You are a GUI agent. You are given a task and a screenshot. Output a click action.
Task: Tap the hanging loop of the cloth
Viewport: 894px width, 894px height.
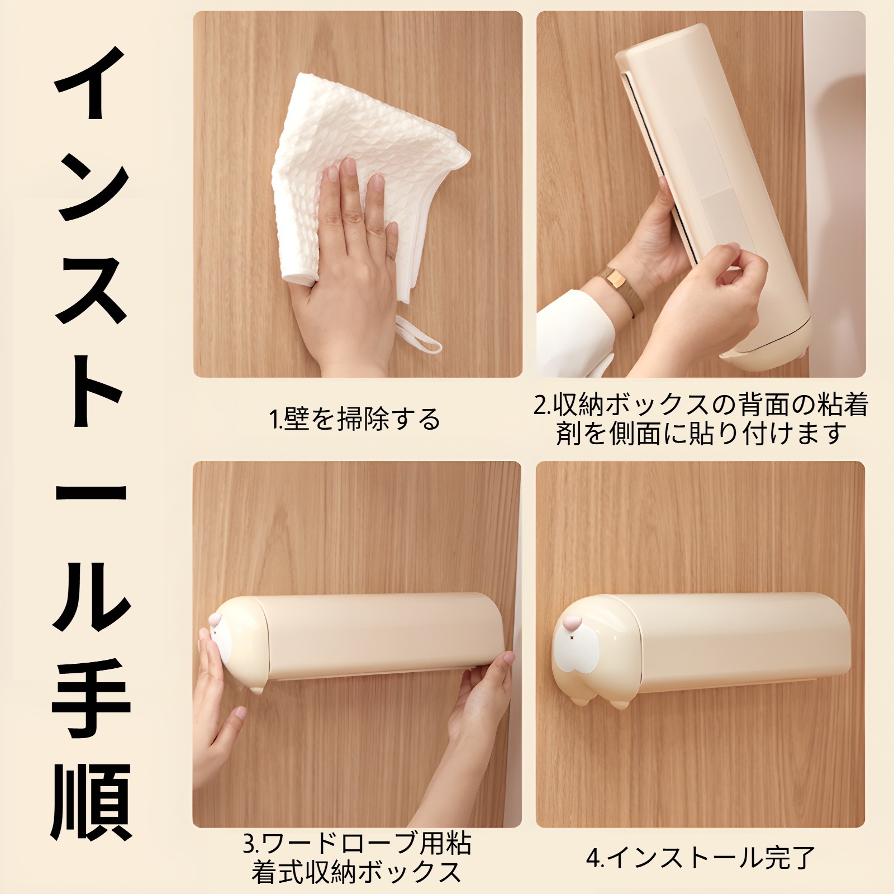coord(419,335)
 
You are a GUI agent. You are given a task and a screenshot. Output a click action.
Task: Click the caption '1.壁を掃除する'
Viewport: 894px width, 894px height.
coord(355,419)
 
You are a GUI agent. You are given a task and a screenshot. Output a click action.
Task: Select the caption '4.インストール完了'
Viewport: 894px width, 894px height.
coord(701,858)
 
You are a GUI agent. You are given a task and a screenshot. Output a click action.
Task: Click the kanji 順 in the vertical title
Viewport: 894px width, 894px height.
coord(91,802)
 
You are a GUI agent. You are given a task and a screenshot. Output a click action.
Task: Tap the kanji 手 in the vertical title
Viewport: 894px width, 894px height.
coord(91,698)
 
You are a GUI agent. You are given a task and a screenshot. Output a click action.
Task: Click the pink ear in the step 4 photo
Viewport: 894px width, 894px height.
coord(573,622)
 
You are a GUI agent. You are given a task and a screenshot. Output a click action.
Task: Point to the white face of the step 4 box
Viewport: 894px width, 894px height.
coord(576,648)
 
